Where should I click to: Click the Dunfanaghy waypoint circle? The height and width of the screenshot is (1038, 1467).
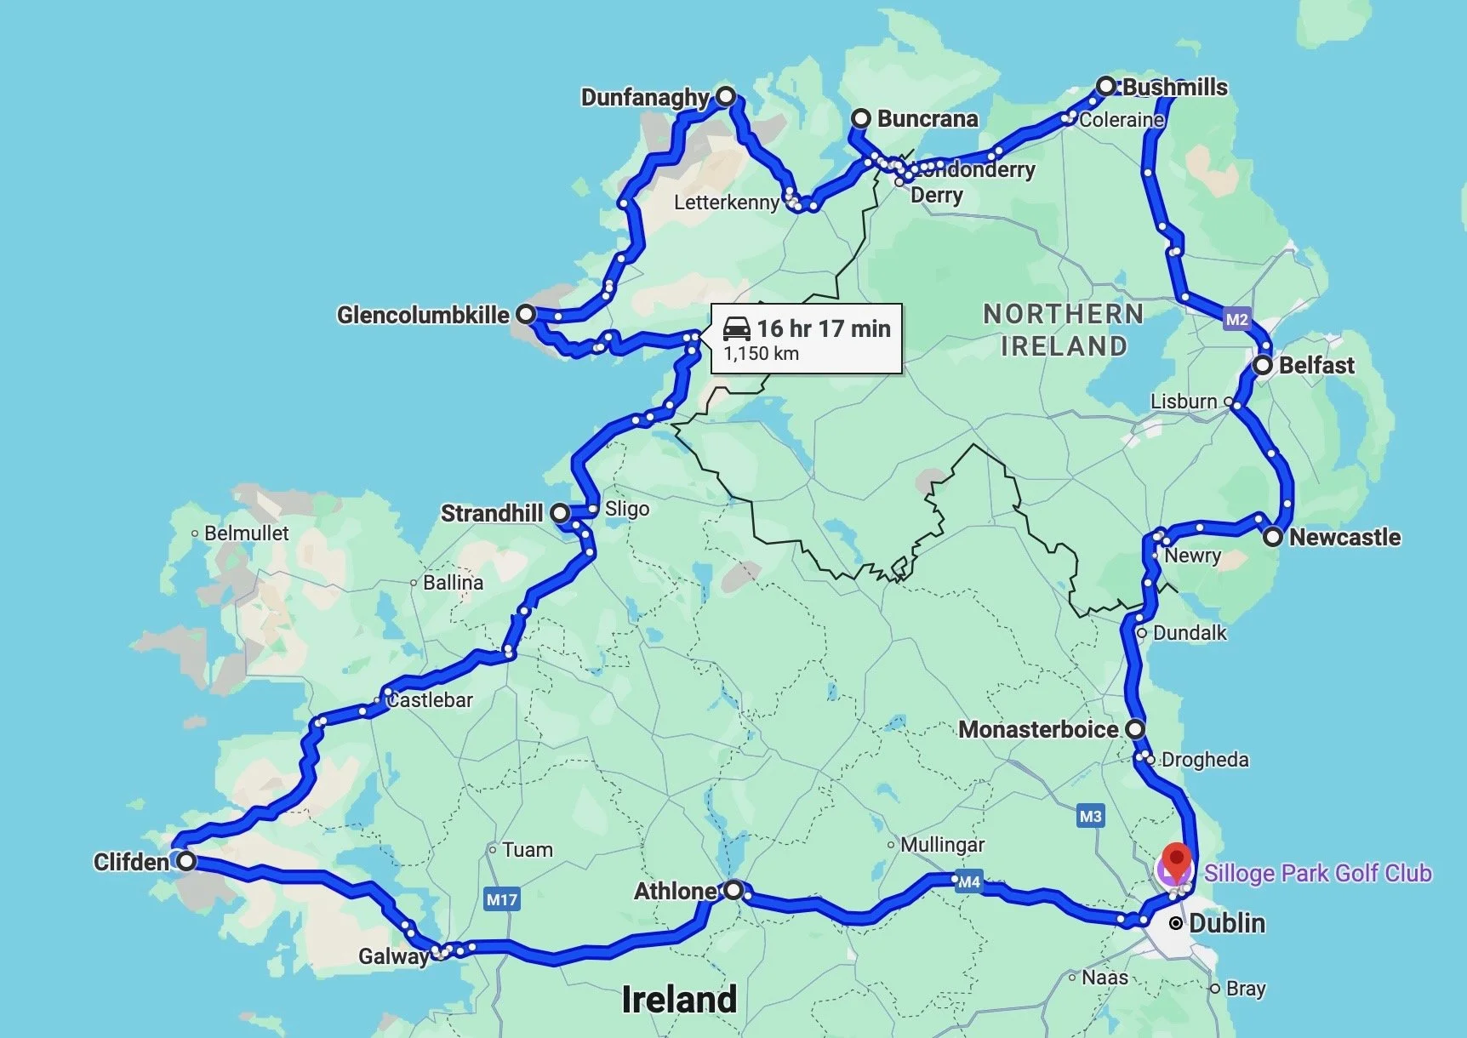[725, 96]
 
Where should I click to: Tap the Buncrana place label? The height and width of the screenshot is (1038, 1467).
[927, 118]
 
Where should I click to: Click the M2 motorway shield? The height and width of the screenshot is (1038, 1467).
[1236, 319]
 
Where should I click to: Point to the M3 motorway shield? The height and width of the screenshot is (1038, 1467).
[1090, 816]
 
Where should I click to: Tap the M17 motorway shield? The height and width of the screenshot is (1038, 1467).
[501, 899]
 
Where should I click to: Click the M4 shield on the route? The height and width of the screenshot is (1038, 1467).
[968, 881]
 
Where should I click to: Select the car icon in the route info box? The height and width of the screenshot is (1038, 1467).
[736, 328]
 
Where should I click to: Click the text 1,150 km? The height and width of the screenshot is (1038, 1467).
[761, 353]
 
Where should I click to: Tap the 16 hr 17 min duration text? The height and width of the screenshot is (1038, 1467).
[823, 328]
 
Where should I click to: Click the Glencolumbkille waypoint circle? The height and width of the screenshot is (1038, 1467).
[526, 314]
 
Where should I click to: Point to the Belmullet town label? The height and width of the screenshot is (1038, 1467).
[246, 533]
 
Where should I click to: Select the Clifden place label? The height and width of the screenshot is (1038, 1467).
[131, 862]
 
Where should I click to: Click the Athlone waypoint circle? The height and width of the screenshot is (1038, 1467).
[733, 890]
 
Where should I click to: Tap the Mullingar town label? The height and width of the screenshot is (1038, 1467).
[942, 845]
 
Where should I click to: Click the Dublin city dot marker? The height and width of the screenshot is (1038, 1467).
[1175, 923]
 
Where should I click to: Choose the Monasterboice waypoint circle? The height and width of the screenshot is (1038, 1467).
[1135, 729]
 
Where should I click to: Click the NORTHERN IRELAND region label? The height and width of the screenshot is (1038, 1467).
[1063, 330]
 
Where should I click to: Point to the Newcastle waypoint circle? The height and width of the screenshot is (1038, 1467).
[1272, 537]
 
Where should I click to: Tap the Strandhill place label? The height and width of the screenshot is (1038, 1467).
[491, 513]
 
